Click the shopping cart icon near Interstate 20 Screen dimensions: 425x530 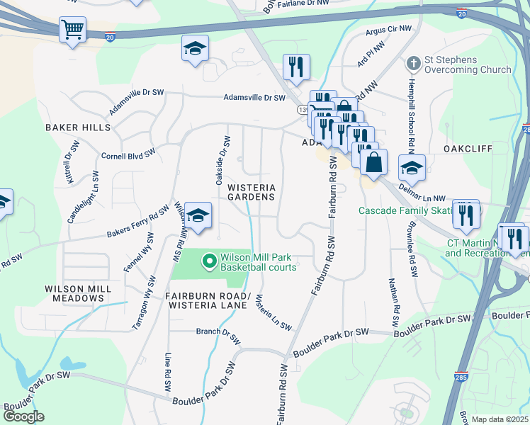(x=72, y=30)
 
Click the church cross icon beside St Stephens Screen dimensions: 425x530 (x=412, y=64)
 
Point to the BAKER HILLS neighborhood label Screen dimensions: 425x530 (x=78, y=127)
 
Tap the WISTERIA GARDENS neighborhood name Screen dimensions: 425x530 (x=250, y=192)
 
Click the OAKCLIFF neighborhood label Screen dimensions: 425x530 (x=467, y=149)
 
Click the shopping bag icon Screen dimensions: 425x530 (x=373, y=161)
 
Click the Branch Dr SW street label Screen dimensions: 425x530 (x=218, y=331)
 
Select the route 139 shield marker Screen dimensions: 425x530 (x=301, y=111)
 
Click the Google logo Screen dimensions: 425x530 (x=23, y=416)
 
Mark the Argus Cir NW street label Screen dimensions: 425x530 (x=388, y=30)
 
